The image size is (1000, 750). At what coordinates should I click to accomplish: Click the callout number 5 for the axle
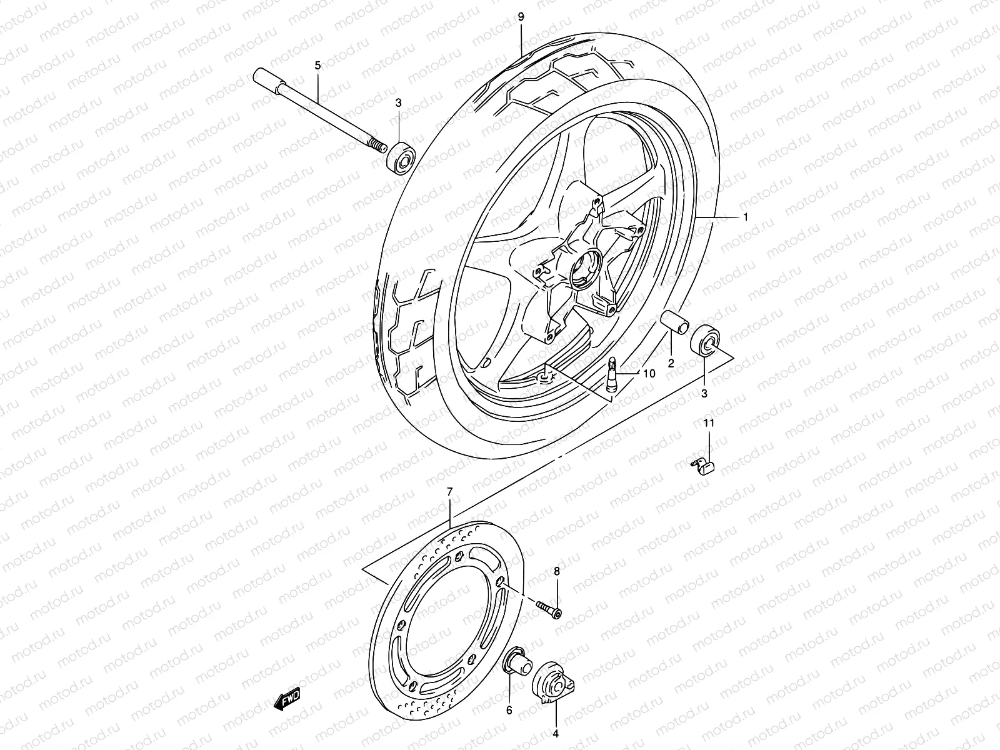[x=317, y=65]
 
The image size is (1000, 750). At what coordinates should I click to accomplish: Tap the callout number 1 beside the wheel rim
[x=746, y=217]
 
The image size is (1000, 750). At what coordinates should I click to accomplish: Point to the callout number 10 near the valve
[x=648, y=374]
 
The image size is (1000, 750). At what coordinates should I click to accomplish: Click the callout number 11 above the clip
[x=709, y=424]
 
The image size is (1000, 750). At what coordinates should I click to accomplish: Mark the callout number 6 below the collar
[x=509, y=710]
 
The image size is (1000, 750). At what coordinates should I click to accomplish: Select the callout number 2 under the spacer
[x=670, y=363]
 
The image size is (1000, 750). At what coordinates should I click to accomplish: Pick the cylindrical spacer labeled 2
[x=674, y=321]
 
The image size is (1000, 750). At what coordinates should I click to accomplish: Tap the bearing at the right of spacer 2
[x=706, y=340]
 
